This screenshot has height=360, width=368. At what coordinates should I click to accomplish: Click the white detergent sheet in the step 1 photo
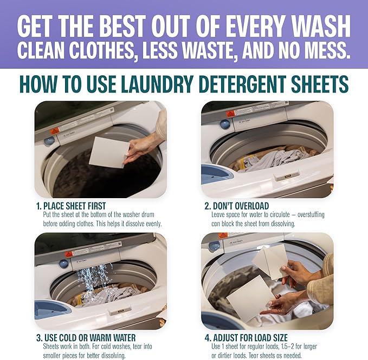109,152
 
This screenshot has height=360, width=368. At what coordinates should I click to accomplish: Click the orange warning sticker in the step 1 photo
55,131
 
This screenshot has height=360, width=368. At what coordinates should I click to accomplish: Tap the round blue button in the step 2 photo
224,124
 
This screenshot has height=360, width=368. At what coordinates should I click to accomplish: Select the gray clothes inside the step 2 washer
271,160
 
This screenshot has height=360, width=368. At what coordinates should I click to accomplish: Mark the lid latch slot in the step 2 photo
286,177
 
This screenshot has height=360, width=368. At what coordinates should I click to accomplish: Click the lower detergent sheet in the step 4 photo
250,297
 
